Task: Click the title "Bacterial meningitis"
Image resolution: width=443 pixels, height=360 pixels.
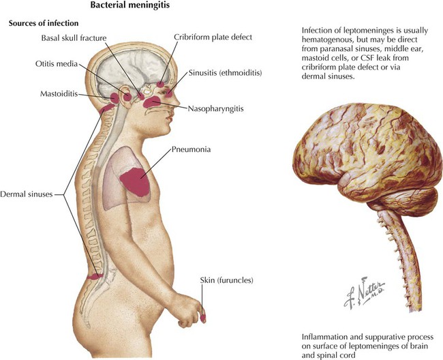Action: tap(130, 5)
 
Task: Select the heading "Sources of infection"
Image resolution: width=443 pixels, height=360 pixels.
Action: tap(44, 23)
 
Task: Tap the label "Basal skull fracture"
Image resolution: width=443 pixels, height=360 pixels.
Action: tap(74, 38)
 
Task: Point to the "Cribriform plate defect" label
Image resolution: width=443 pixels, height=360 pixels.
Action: tap(213, 37)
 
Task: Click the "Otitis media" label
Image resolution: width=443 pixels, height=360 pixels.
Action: tap(57, 63)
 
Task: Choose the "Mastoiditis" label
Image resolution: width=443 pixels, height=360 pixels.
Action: tap(59, 93)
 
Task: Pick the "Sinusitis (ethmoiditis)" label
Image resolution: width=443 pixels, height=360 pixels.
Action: tap(225, 73)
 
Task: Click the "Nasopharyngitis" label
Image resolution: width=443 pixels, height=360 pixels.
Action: tap(215, 109)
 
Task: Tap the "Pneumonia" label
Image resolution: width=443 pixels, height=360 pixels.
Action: tap(191, 149)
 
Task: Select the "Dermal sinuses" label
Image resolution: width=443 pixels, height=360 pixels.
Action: tap(27, 194)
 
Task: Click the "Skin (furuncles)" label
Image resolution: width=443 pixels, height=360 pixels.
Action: tap(226, 280)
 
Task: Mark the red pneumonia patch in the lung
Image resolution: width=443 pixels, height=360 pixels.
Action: tap(135, 181)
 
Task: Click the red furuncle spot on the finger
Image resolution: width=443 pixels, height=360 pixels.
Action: tap(203, 318)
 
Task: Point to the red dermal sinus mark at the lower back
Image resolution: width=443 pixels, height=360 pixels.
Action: tap(95, 276)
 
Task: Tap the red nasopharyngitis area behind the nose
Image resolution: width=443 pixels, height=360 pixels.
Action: tap(152, 102)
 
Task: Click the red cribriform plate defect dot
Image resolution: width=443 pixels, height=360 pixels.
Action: tap(160, 84)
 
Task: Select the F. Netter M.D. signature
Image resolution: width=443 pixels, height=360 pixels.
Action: tap(364, 292)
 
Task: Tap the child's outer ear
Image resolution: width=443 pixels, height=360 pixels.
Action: tap(126, 97)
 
